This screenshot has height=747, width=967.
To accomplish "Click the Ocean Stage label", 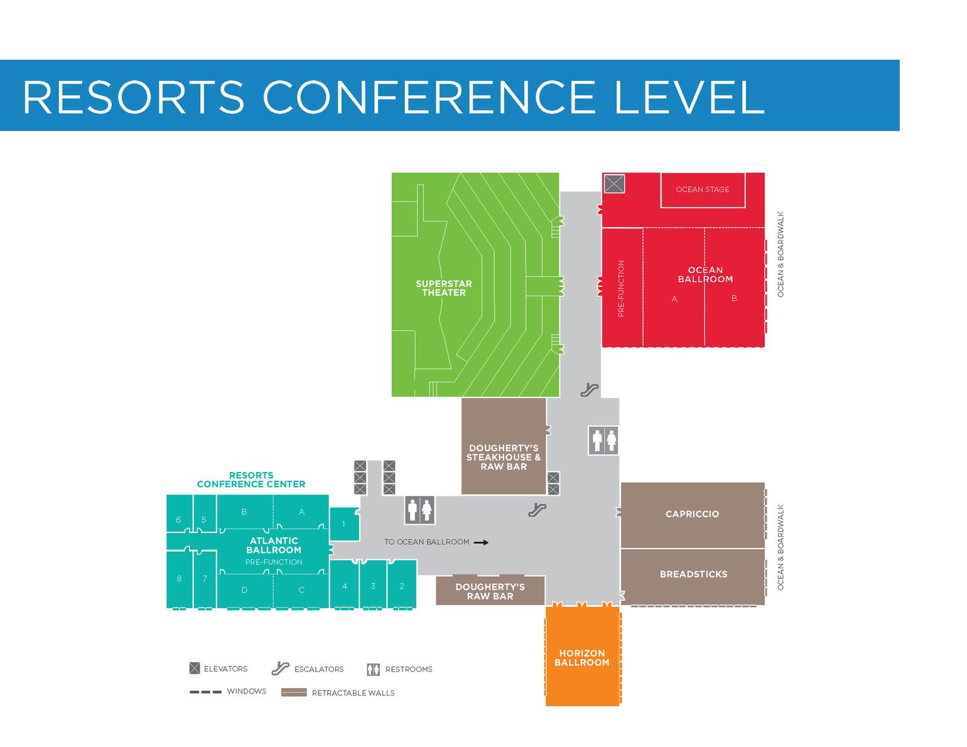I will click(702, 189).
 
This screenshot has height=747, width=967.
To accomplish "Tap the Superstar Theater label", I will click(443, 288).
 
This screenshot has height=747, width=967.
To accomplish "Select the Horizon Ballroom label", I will click(581, 658).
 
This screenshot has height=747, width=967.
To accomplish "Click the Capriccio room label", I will click(692, 514).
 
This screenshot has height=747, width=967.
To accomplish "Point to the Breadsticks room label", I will click(693, 574).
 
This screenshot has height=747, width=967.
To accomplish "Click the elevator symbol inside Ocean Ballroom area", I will click(614, 184).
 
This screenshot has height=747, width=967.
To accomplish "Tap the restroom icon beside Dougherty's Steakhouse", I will click(603, 440).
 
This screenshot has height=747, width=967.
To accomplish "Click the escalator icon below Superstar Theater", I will click(589, 390).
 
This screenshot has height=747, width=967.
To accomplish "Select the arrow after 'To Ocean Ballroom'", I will click(481, 542).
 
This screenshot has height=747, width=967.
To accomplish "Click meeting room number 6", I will click(179, 520).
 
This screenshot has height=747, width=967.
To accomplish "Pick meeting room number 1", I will click(343, 524).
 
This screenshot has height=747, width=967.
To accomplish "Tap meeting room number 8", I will click(179, 579).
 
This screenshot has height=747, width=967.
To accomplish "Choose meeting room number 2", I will click(402, 586).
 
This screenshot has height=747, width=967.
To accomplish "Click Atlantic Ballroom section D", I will click(244, 590).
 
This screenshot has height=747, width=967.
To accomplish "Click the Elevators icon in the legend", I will click(195, 669).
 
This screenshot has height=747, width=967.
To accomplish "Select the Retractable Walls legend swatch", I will click(294, 692).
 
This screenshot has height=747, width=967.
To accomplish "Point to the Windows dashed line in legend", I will click(205, 692).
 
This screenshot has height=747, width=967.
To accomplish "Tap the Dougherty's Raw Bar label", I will click(490, 591).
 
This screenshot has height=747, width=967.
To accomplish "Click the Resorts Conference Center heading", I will click(251, 480).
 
